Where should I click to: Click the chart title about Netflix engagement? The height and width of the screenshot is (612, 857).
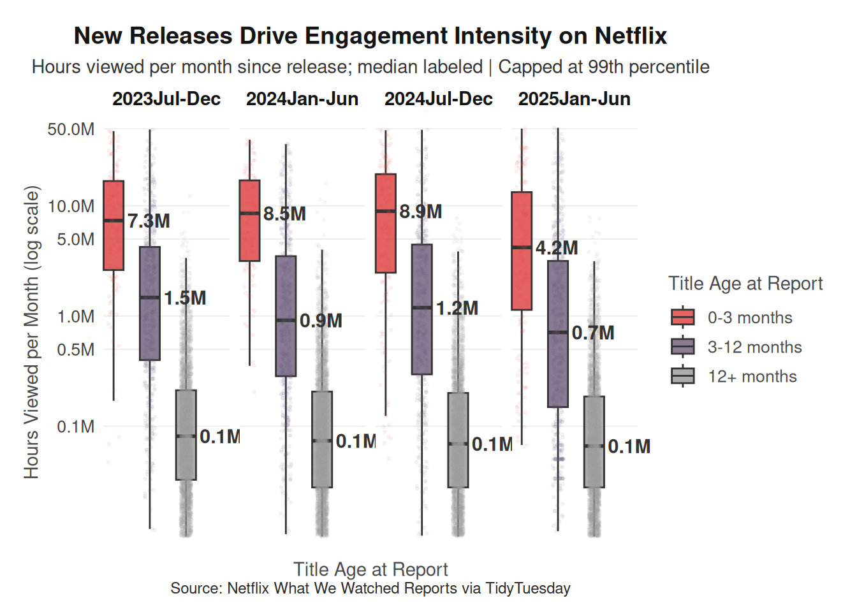click(370, 36)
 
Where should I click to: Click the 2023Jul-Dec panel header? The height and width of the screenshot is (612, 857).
click(166, 99)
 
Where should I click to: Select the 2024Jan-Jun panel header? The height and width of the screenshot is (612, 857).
click(302, 99)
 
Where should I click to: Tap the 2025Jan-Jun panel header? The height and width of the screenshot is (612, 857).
click(574, 99)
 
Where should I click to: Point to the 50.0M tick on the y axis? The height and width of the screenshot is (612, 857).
click(71, 129)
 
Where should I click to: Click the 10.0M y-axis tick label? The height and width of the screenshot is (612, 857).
click(71, 207)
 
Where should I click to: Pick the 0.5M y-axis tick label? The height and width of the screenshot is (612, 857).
click(75, 349)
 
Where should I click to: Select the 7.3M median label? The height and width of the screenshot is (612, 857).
click(149, 221)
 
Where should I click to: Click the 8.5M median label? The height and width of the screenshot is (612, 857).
click(284, 214)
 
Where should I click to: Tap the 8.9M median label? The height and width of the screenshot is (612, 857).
click(420, 212)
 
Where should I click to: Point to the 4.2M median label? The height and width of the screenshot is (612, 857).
click(557, 248)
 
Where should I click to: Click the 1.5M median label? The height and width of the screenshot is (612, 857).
click(185, 298)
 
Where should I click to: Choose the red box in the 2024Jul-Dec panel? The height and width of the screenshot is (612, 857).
click(386, 223)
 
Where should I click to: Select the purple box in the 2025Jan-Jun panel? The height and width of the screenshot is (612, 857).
click(558, 333)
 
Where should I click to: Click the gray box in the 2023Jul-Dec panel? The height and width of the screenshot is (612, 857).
click(186, 435)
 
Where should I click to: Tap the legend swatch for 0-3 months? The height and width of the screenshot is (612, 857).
click(683, 317)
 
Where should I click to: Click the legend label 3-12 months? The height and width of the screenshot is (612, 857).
click(754, 347)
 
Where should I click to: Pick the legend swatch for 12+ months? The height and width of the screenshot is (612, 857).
click(683, 377)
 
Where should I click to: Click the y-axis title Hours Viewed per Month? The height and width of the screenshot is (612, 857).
click(32, 331)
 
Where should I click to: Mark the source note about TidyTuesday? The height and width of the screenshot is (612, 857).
click(370, 588)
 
